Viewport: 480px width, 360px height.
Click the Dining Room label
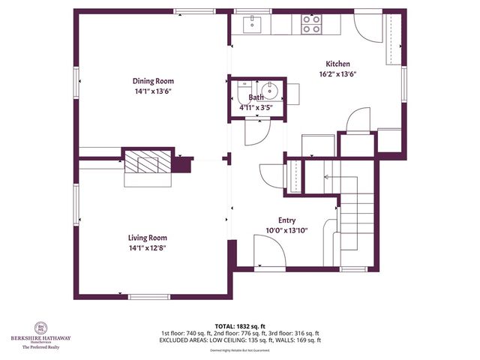(x=153, y=81)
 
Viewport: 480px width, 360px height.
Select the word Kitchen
(x=337, y=64)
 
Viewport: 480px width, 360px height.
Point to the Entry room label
(x=286, y=220)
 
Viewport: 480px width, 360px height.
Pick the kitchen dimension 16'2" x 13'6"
(x=337, y=74)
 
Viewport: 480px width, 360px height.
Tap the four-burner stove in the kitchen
(x=310, y=24)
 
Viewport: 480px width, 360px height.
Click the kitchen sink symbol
(x=252, y=24)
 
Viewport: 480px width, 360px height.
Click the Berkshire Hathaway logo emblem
(x=41, y=328)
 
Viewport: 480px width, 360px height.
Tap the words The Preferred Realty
(x=41, y=346)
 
